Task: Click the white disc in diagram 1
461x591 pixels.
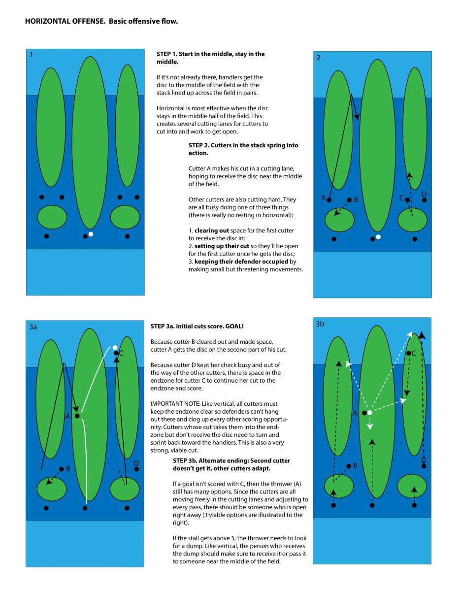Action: point(91,234)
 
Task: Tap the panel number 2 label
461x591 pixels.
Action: point(318,58)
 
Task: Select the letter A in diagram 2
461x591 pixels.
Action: point(324,198)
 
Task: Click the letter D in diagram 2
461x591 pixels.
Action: point(424,194)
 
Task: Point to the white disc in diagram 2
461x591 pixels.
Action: point(378,237)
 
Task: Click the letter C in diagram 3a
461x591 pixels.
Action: point(121,353)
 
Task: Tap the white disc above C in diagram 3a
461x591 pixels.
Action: point(115,348)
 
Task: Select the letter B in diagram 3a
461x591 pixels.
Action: point(68,469)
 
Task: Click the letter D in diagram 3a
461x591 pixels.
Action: point(136,463)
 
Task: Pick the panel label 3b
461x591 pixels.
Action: point(320,324)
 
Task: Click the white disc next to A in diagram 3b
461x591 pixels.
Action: point(369,413)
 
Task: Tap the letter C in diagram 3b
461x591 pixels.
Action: point(414,353)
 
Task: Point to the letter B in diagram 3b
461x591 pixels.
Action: point(355,465)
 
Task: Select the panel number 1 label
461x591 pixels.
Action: point(31,55)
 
